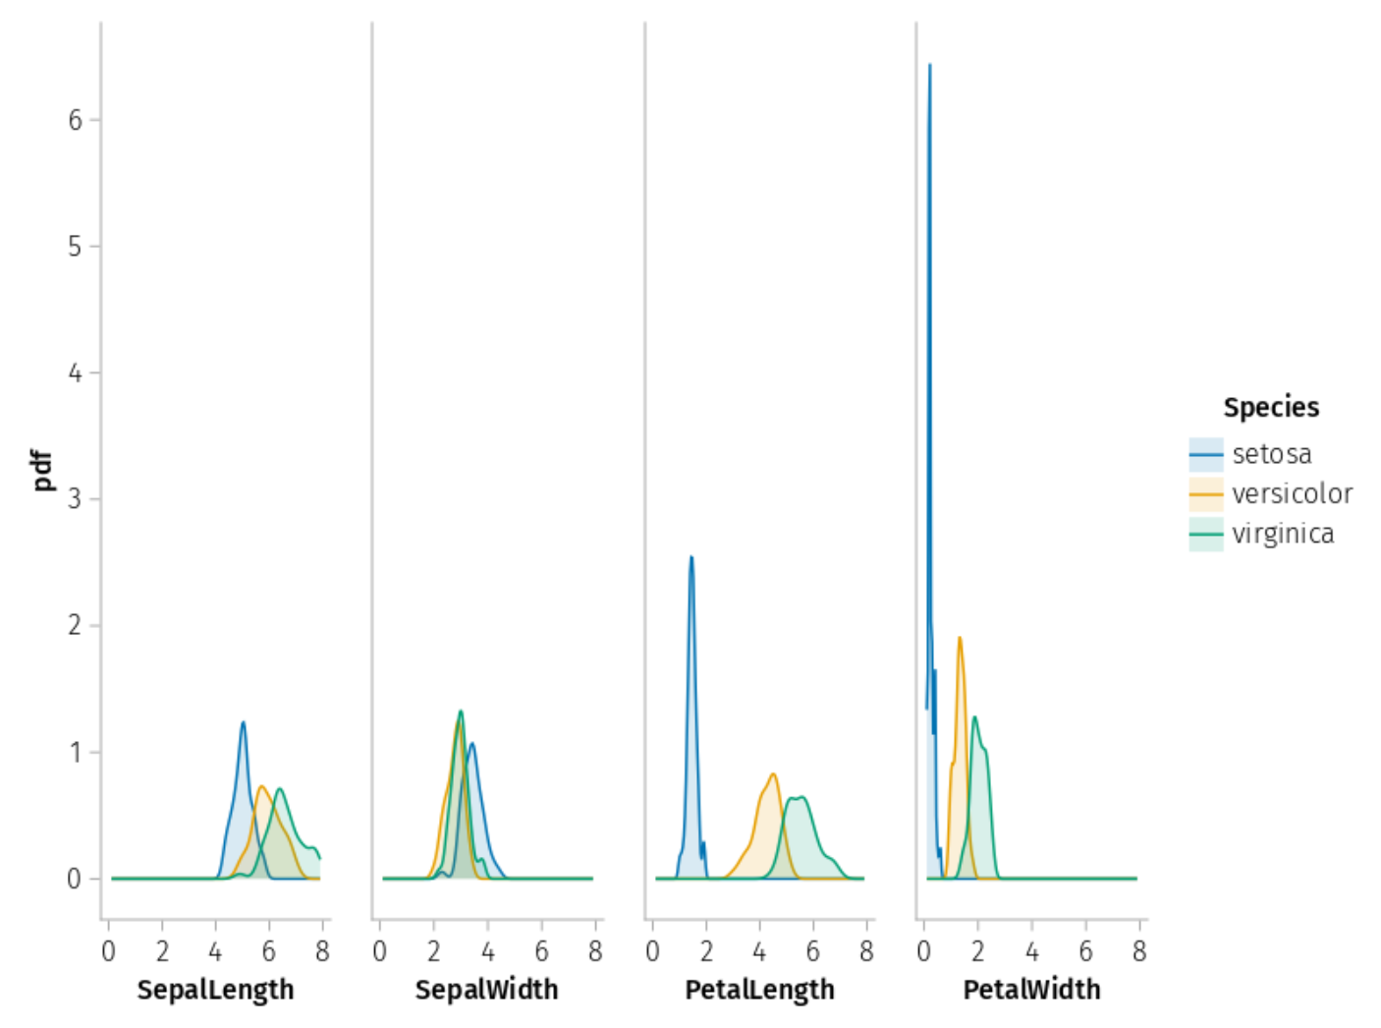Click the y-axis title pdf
42,470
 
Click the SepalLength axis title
215,990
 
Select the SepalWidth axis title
486,990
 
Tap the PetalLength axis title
759,990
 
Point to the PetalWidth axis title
1031,990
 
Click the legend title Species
1271,407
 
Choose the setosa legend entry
1271,454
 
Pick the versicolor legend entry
1292,493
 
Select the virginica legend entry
1283,534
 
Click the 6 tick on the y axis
76,120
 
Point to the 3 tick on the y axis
76,499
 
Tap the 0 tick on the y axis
76,879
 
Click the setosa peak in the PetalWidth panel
929,66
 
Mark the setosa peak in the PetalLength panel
691,558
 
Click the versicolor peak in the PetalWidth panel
960,639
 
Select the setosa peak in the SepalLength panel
243,723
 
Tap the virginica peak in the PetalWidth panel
974,717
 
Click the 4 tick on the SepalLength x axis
215,951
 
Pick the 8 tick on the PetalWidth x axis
1138,951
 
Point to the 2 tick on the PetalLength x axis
706,951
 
